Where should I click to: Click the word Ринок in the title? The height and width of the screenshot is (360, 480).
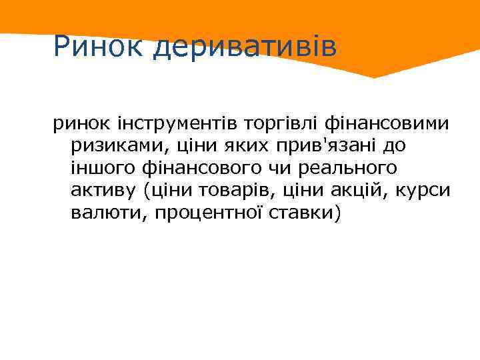coord(99,46)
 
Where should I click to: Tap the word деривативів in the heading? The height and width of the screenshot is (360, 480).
coord(245,47)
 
